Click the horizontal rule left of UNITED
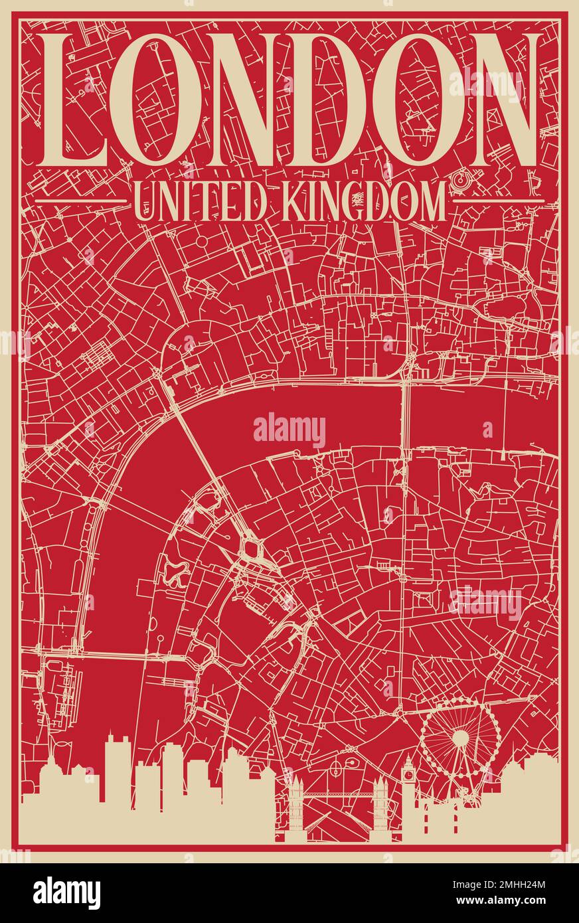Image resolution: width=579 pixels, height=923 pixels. click(80, 200)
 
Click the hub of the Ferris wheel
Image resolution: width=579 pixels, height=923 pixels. click(460, 738)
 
